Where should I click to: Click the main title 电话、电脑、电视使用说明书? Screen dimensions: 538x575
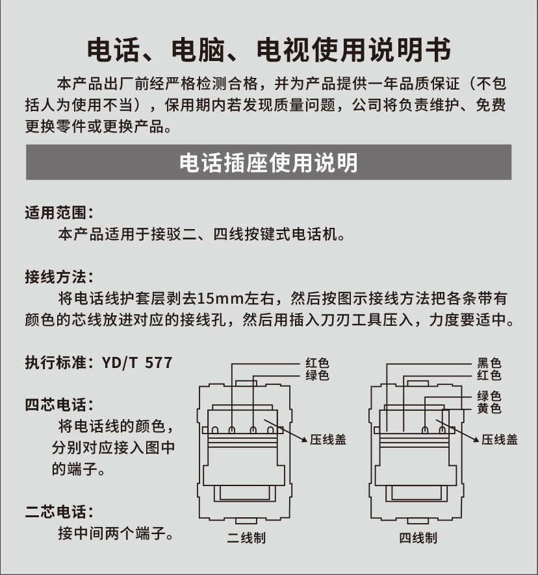click(269, 49)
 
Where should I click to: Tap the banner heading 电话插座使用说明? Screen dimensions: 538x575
click(268, 162)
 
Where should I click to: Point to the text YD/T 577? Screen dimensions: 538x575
click(137, 363)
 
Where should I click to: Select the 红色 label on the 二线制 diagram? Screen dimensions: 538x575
click(317, 363)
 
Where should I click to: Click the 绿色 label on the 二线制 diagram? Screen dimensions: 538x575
click(317, 375)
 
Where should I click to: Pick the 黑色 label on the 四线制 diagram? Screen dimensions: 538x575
click(489, 363)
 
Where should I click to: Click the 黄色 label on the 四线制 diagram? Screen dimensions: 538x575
click(489, 408)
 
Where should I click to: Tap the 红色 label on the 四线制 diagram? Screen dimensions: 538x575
click(489, 375)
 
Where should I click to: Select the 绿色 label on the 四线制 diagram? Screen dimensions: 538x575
click(489, 396)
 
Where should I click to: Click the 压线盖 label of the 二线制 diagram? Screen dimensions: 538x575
click(328, 439)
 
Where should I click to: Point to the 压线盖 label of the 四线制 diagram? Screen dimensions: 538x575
click(500, 439)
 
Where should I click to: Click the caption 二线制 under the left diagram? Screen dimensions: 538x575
click(246, 538)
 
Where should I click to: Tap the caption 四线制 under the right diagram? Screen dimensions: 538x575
click(418, 538)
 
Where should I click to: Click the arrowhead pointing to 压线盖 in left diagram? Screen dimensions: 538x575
click(305, 439)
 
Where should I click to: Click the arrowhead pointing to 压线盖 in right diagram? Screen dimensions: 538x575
click(476, 439)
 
